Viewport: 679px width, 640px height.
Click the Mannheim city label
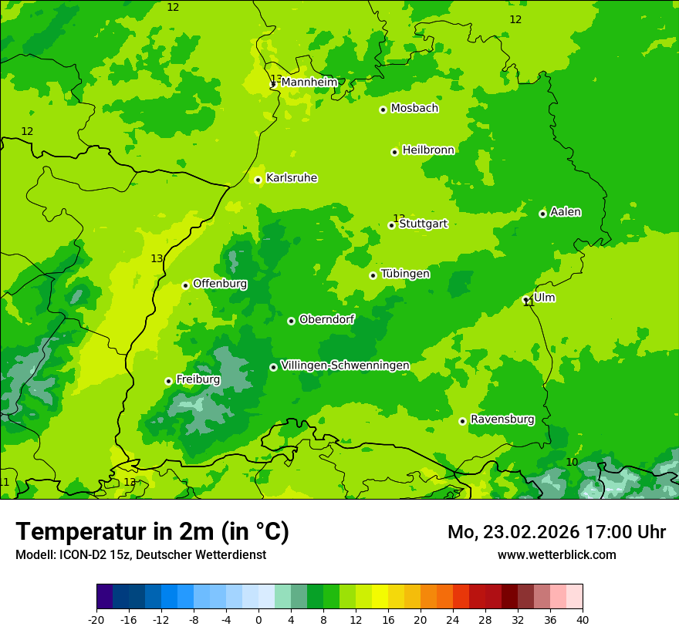[x=309, y=83]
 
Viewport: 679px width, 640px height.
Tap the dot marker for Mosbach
[x=383, y=109]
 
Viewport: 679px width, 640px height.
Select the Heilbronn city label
[x=428, y=150]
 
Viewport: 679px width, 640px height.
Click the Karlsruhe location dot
[x=258, y=180]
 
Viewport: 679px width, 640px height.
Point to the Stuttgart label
[x=423, y=224]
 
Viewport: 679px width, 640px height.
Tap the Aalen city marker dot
[x=542, y=214]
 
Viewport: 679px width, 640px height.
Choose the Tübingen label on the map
[x=405, y=274]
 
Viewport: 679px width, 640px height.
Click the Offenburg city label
[x=220, y=284]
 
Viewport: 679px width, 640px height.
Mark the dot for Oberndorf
[x=291, y=321]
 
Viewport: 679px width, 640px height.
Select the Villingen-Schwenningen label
[x=345, y=365]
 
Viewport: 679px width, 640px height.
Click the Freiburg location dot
[x=168, y=381]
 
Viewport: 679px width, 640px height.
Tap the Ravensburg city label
[x=502, y=419]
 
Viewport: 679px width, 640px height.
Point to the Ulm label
[x=544, y=298]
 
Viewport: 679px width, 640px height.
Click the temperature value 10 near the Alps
[x=572, y=462]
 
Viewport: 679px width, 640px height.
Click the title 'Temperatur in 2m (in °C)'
[x=152, y=531]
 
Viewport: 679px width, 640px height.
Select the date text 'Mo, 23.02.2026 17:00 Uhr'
[x=556, y=532]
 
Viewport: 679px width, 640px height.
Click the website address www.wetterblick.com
[x=556, y=554]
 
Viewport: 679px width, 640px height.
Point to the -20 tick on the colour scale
[x=96, y=620]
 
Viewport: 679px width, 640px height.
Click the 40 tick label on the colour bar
[x=583, y=620]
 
